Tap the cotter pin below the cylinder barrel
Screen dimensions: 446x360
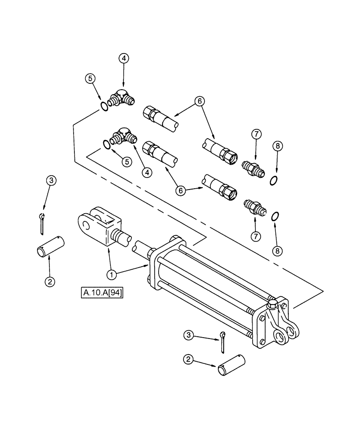223,340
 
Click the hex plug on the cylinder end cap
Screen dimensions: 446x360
273,306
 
